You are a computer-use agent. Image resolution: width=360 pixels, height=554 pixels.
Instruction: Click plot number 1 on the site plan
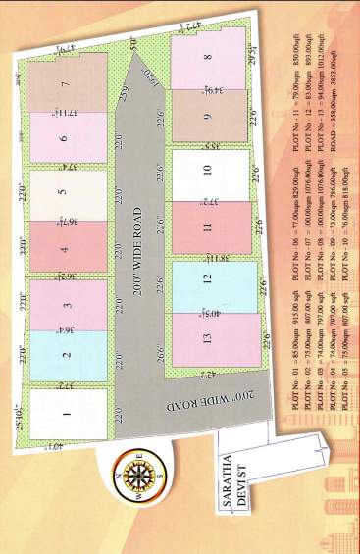click(x=66, y=414)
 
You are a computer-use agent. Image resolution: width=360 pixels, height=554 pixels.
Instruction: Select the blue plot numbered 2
click(x=66, y=356)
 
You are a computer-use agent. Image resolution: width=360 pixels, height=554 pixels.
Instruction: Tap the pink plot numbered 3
click(x=66, y=305)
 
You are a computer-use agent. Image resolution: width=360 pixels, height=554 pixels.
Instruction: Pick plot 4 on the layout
click(x=66, y=248)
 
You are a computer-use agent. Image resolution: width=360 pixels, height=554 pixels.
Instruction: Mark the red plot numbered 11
click(x=208, y=227)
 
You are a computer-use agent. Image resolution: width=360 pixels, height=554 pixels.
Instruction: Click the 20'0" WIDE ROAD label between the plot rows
click(x=137, y=235)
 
